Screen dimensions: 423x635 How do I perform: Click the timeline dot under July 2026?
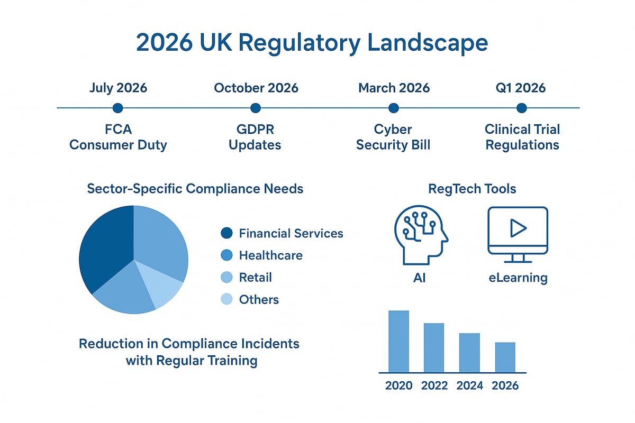117,108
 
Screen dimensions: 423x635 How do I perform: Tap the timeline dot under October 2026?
256,108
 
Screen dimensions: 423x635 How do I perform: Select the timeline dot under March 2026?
393,108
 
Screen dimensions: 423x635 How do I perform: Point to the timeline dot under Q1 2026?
522,108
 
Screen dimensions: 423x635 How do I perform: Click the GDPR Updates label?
255,137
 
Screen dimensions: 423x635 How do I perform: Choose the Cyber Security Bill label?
393,137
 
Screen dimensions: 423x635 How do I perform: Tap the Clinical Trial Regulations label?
522,137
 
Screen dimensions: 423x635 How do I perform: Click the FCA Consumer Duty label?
118,137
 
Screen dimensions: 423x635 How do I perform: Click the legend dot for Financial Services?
226,233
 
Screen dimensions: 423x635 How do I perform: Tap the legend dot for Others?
226,300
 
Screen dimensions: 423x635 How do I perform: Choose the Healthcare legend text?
270,255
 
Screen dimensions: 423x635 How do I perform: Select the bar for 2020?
399,341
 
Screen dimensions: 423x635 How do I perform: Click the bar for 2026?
505,357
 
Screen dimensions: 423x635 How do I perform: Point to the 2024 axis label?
469,385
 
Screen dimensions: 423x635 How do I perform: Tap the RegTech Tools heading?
472,189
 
